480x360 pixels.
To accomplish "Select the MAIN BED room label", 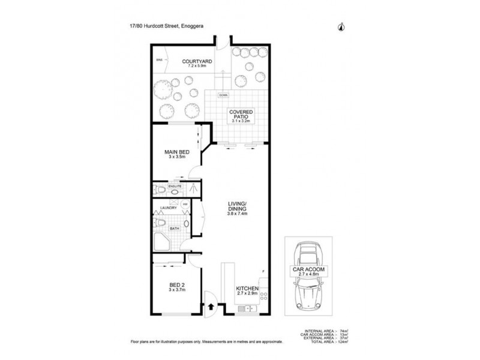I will point(177,152).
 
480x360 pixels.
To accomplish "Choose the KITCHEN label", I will point(247,289).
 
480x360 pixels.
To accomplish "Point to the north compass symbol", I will point(341,26).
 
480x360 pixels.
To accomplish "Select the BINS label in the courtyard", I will point(160,61).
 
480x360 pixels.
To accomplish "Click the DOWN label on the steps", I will point(223,95).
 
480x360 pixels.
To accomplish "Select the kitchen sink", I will point(246,309).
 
